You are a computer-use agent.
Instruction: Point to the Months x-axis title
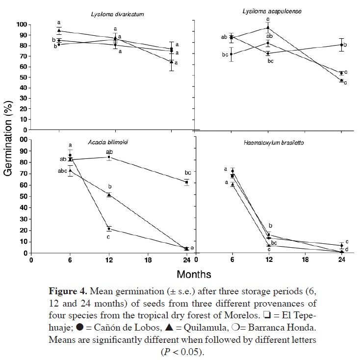point(194,273)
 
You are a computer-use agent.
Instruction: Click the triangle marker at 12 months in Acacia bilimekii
point(109,195)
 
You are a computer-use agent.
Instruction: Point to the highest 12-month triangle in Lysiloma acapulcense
point(268,27)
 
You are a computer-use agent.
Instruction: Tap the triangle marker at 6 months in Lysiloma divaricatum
point(59,30)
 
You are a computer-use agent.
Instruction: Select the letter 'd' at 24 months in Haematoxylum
point(347,250)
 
